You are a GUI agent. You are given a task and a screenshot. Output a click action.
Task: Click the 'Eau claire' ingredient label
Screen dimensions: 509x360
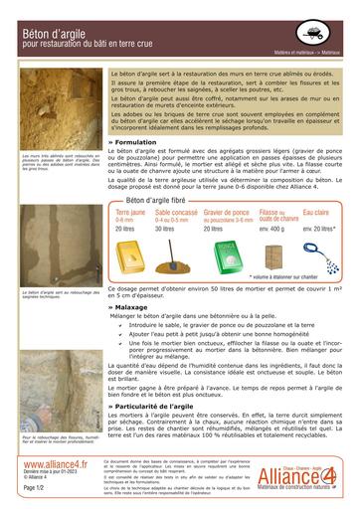tap(316, 213)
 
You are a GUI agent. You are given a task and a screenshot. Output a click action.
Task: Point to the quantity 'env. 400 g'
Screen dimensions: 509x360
tap(271, 229)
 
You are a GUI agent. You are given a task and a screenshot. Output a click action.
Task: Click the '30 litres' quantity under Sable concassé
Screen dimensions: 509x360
tap(165, 229)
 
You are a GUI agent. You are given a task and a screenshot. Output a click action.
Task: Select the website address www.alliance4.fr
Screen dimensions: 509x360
tap(55, 463)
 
